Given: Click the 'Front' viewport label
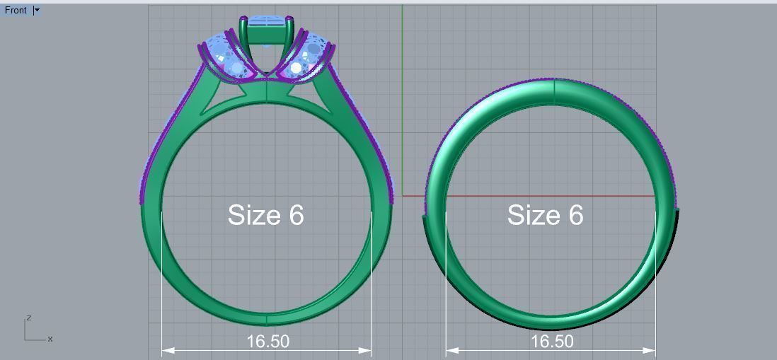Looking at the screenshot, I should pos(16,10).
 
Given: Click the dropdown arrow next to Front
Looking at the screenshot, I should pos(37,10).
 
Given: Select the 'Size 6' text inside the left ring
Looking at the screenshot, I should pos(265,215).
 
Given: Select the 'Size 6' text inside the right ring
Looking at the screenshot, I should pos(545,215).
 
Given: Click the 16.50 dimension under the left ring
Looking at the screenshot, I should pos(267,342).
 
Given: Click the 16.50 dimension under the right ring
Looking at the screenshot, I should pos(552,342).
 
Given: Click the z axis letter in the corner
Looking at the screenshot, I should pos(28,318).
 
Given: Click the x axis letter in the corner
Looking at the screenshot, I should pos(50,339).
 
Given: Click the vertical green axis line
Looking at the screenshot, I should pos(403,106).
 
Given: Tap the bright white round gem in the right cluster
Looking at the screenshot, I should pos(296,69).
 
